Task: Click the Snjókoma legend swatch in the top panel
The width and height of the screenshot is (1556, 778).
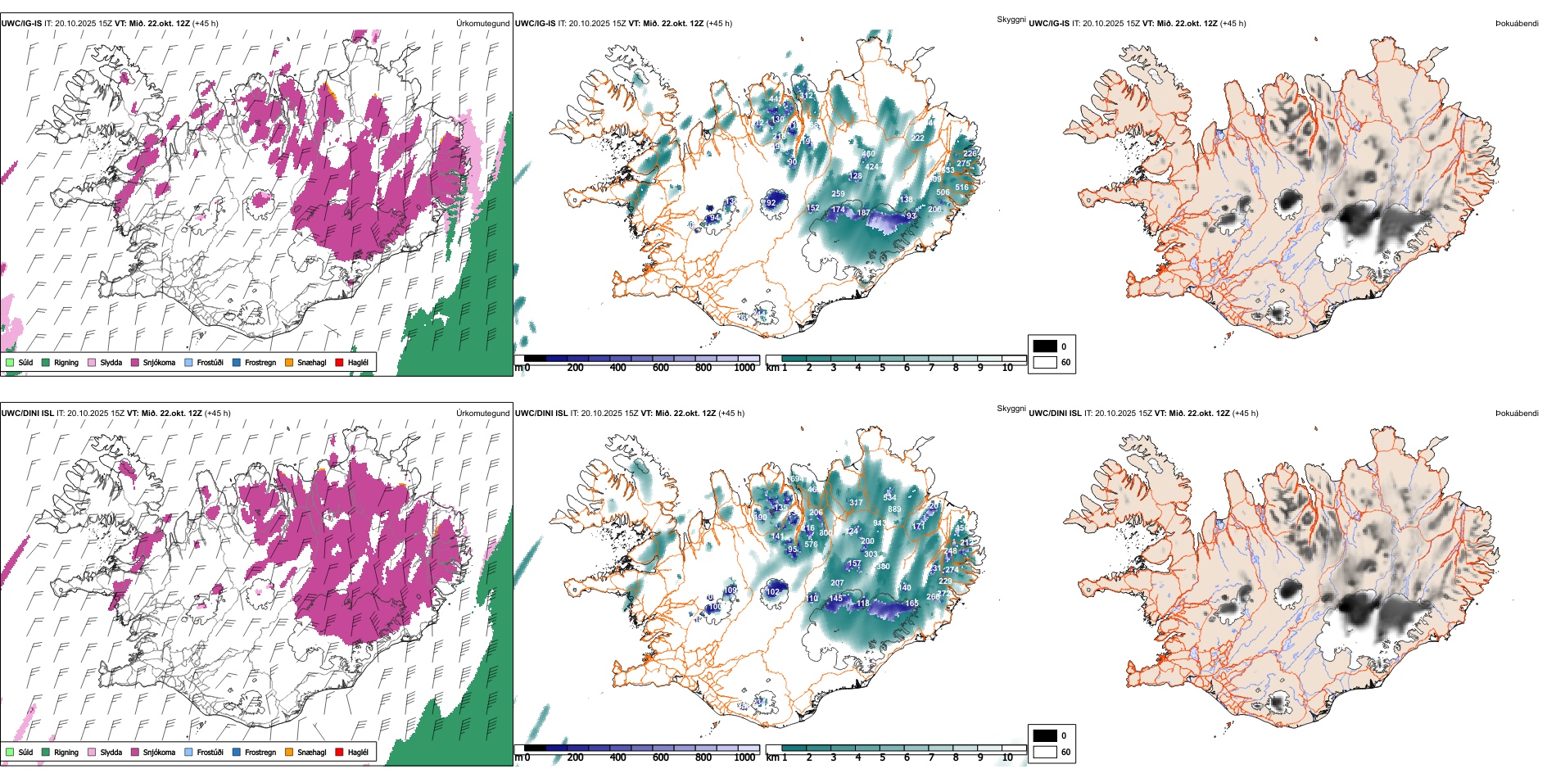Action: [x=135, y=362]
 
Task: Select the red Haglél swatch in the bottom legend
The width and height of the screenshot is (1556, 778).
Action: [x=340, y=752]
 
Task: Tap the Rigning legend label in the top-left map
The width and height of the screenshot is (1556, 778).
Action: [x=66, y=363]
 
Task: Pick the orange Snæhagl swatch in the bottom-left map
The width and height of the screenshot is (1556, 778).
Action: [x=289, y=752]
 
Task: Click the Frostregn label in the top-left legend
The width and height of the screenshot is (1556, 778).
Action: [x=260, y=363]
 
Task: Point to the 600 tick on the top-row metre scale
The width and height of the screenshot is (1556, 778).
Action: [x=661, y=368]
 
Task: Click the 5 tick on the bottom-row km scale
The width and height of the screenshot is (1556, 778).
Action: [x=883, y=758]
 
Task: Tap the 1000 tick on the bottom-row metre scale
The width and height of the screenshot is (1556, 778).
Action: [x=744, y=758]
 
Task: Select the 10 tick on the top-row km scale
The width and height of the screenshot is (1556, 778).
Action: [x=1007, y=368]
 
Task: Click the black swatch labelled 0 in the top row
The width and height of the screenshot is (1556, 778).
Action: [x=1045, y=346]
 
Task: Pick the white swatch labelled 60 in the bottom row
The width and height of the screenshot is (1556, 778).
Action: [x=1045, y=752]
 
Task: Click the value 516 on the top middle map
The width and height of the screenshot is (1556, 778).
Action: [x=961, y=188]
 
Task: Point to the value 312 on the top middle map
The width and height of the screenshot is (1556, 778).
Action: [x=807, y=96]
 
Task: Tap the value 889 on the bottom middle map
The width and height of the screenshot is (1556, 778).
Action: [x=894, y=509]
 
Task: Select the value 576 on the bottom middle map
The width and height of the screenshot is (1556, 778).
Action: [x=811, y=545]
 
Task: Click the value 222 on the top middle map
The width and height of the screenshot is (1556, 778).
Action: [x=918, y=138]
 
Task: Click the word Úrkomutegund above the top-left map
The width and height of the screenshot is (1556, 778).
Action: [x=482, y=24]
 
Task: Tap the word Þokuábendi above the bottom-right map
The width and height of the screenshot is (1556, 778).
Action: [x=1517, y=414]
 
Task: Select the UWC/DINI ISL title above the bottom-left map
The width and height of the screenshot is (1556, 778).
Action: [x=27, y=414]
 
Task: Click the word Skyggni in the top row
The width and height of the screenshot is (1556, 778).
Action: [x=1011, y=19]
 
